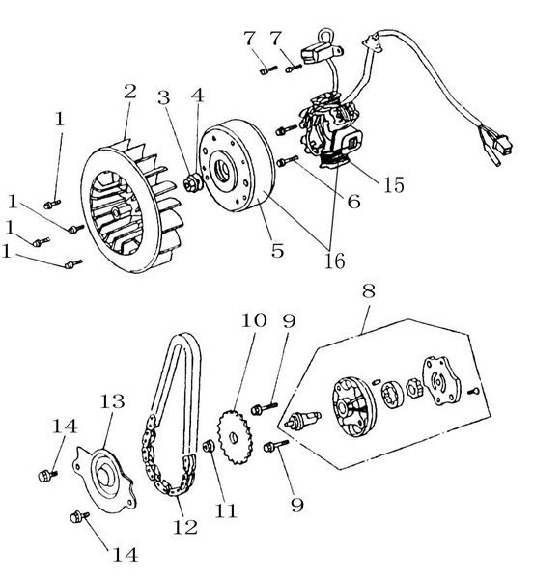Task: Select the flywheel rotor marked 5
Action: point(237,170)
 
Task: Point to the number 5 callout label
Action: point(277,250)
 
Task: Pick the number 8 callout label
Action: point(368,290)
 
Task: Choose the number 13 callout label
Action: point(110,401)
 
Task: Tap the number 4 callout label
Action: point(197,96)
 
